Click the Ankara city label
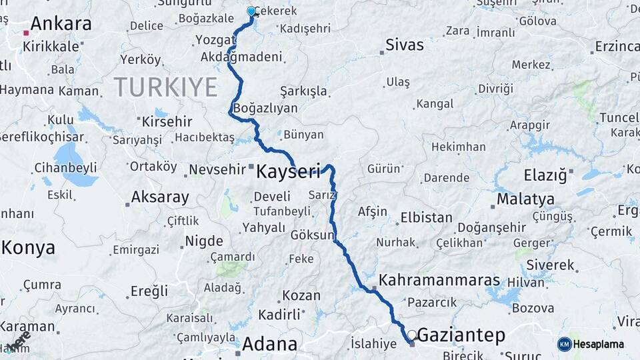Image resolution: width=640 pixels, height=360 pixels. (61, 24)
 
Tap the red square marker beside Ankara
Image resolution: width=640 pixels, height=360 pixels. (26, 32)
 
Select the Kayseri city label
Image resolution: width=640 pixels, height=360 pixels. (289, 171)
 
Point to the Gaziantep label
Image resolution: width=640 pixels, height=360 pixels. (461, 335)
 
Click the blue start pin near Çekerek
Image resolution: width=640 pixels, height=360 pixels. (251, 11)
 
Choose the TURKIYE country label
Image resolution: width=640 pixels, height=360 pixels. (165, 87)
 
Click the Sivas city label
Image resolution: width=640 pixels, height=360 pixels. (405, 45)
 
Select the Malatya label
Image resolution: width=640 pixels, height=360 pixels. (525, 199)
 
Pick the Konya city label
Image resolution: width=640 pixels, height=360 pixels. (28, 248)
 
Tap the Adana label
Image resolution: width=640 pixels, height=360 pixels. (269, 344)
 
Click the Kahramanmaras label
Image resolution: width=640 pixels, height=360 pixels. (439, 279)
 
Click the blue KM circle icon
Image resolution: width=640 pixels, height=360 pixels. (564, 344)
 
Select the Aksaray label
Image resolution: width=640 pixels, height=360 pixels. (160, 197)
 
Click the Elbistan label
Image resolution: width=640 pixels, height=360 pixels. (426, 217)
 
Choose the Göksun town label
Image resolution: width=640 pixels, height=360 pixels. (312, 235)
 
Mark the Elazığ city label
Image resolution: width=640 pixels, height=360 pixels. (545, 175)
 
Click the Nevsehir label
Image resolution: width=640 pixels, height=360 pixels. (217, 169)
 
